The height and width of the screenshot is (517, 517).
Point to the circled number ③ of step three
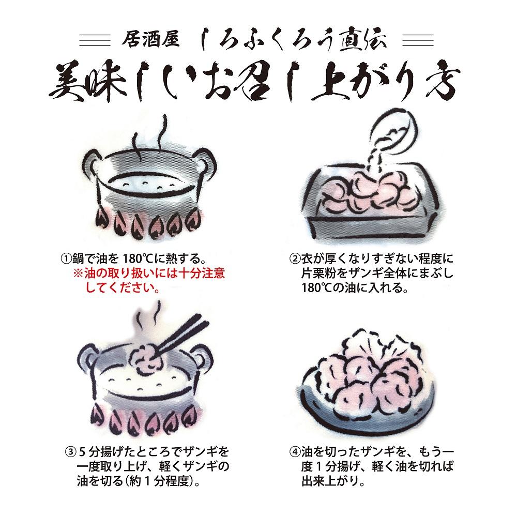pos(70,449)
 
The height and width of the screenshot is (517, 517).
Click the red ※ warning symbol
pos(79,272)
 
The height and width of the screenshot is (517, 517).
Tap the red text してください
pos(121,287)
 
